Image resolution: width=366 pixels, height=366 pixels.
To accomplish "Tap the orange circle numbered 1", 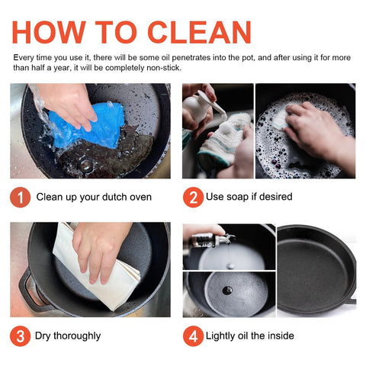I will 21,197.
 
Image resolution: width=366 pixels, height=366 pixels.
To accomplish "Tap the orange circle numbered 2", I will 193,197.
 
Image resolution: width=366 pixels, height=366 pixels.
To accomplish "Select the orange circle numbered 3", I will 21,335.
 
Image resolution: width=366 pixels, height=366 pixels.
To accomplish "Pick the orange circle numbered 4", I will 193,335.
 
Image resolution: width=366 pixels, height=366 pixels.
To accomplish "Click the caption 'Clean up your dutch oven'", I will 94,197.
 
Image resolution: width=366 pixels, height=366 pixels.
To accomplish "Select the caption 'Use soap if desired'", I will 249,197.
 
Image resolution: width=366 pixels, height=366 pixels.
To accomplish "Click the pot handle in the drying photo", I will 32,290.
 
